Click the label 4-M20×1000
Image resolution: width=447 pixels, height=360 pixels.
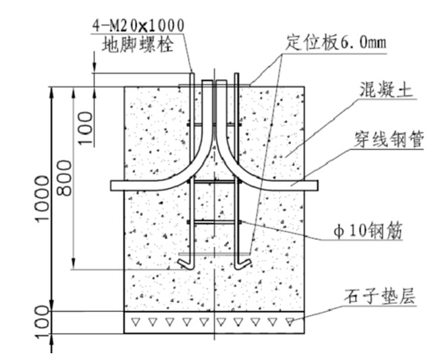click(138, 24)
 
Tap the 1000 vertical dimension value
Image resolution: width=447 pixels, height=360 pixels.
click(42, 199)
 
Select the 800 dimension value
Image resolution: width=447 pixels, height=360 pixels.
click(65, 178)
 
